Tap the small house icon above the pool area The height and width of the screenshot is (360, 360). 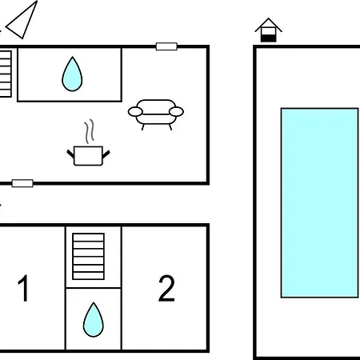pyautogui.click(x=268, y=30)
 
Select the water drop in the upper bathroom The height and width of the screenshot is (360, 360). pyautogui.click(x=72, y=74)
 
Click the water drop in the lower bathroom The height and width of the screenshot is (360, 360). pyautogui.click(x=94, y=320)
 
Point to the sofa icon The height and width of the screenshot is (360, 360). pyautogui.click(x=156, y=114)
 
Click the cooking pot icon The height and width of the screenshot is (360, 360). pyautogui.click(x=88, y=156)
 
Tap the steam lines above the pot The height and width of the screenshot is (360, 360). pyautogui.click(x=90, y=131)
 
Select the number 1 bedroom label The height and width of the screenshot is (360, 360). pyautogui.click(x=23, y=288)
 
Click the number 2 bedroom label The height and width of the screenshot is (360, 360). pyautogui.click(x=166, y=288)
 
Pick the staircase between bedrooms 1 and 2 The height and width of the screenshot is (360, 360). pyautogui.click(x=88, y=257)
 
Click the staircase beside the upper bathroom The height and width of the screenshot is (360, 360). pyautogui.click(x=6, y=74)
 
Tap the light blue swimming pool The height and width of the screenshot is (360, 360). pyautogui.click(x=319, y=202)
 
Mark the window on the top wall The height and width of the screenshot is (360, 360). pyautogui.click(x=166, y=46)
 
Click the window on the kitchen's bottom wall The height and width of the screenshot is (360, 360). pyautogui.click(x=22, y=183)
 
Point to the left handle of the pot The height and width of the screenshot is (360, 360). pyautogui.click(x=70, y=154)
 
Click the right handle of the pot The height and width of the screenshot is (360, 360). pyautogui.click(x=106, y=154)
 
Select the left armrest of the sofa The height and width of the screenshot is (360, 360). pyautogui.click(x=135, y=112)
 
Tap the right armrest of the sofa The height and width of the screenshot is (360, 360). pyautogui.click(x=176, y=112)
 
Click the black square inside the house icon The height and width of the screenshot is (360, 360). pyautogui.click(x=268, y=38)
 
